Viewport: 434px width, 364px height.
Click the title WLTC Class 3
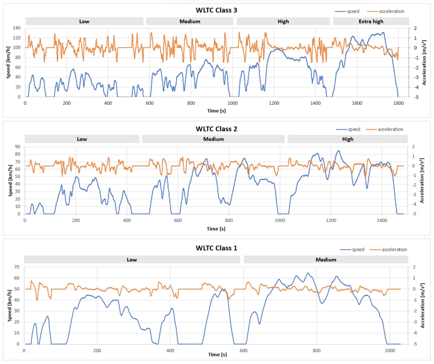(x=216, y=10)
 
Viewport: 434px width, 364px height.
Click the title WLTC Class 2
(x=216, y=129)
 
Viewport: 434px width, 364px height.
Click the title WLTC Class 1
(x=216, y=248)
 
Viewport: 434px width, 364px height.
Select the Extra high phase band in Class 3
(x=371, y=21)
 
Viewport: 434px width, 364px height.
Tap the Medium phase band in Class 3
(x=189, y=21)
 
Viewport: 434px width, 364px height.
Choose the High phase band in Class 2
(x=348, y=139)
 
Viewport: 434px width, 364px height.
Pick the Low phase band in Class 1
(x=132, y=260)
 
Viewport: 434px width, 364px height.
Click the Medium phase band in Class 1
(x=325, y=260)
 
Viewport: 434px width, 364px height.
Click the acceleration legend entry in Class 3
(x=389, y=11)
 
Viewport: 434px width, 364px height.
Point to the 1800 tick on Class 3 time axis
(x=398, y=103)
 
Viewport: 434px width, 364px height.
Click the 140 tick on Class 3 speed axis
(x=17, y=28)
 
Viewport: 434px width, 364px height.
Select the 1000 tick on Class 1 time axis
(x=389, y=350)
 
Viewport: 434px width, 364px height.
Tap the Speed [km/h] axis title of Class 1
(x=9, y=305)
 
